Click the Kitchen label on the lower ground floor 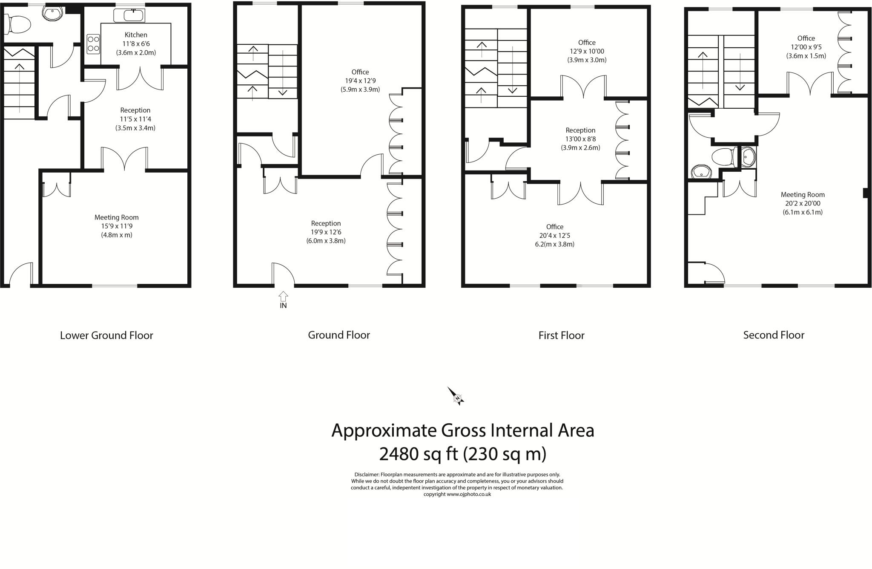pyautogui.click(x=136, y=35)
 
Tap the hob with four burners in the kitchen pyautogui.click(x=93, y=44)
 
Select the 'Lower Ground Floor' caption pyautogui.click(x=106, y=335)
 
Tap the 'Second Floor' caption pyautogui.click(x=774, y=335)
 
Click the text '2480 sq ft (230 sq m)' pyautogui.click(x=462, y=454)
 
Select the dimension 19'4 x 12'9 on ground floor pyautogui.click(x=360, y=81)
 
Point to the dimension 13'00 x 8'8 pyautogui.click(x=580, y=139)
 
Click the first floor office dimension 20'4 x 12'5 pyautogui.click(x=554, y=236)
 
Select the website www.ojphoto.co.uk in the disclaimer pyautogui.click(x=469, y=494)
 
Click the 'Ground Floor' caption pyautogui.click(x=339, y=335)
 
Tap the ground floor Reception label pyautogui.click(x=326, y=223)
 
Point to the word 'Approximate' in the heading pyautogui.click(x=384, y=430)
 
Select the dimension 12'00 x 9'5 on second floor pyautogui.click(x=806, y=47)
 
